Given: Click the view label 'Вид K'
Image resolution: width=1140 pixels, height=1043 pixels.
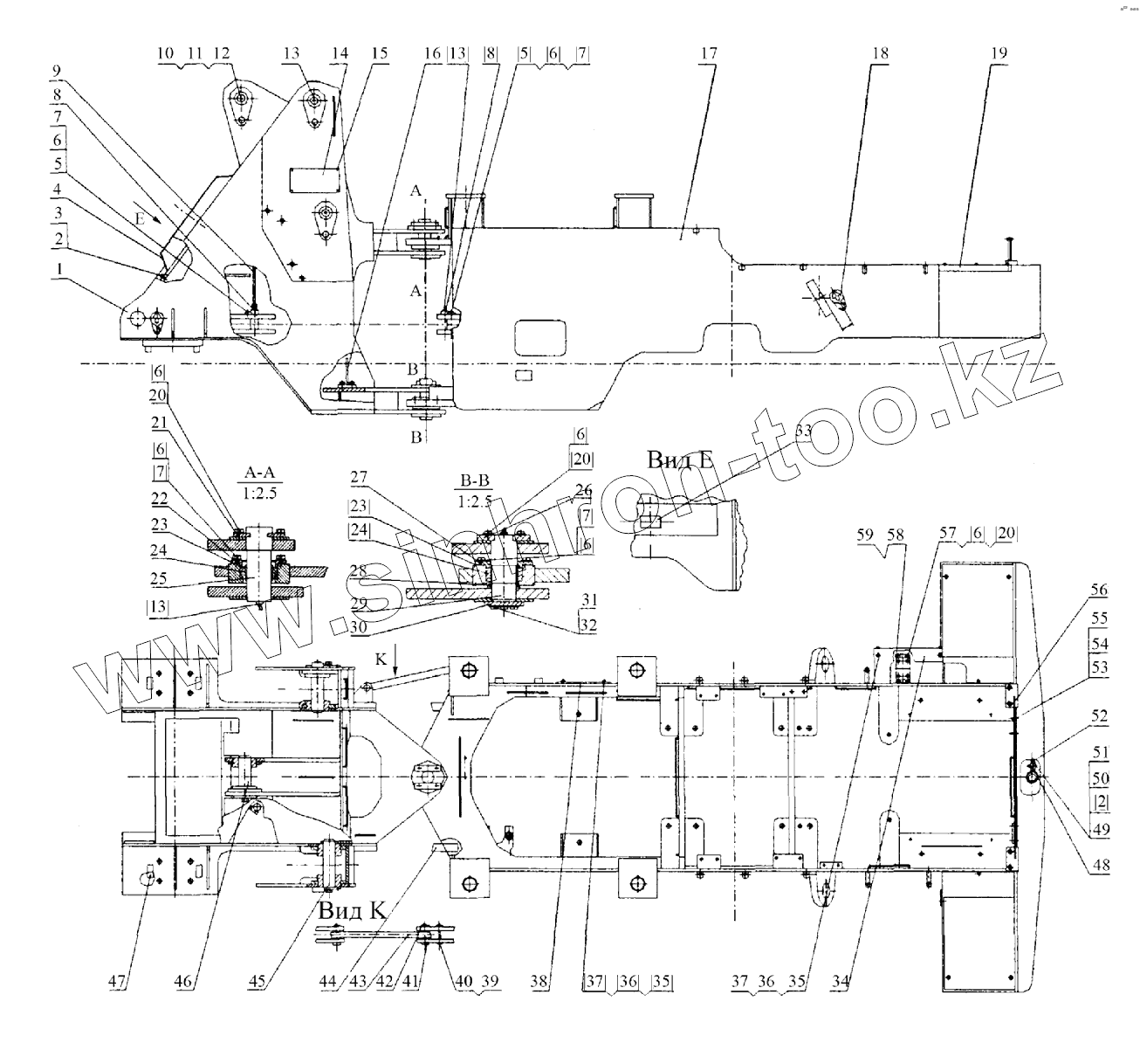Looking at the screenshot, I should (352, 910).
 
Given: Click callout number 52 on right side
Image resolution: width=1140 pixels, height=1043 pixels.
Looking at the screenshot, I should (1097, 716).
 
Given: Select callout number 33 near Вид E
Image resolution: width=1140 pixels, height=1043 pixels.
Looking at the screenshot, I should (803, 429).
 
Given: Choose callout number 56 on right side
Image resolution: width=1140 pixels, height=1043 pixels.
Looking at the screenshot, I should (1097, 591).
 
